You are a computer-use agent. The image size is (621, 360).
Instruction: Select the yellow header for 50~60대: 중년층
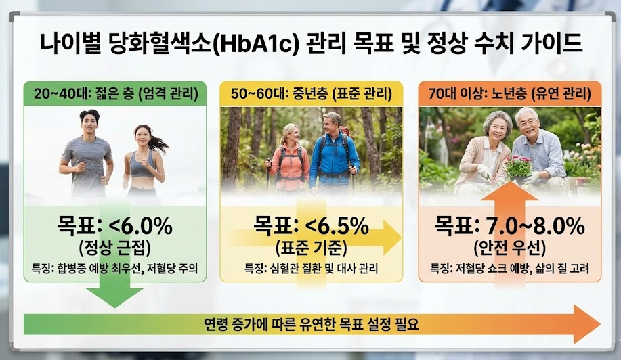[x=310, y=93]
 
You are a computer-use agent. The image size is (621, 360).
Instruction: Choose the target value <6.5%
[x=333, y=224]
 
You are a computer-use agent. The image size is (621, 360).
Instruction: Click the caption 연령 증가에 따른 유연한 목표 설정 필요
[x=312, y=324]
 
